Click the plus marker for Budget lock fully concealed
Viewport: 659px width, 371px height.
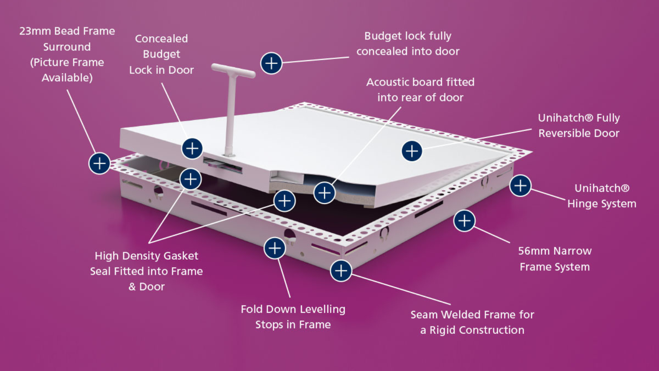coord(271,63)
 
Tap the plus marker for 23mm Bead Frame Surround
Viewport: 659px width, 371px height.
coord(99,163)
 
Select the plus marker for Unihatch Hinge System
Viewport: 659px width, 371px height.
coord(520,185)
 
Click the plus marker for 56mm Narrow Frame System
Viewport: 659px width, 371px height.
coord(464,221)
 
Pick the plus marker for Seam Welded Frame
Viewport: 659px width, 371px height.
coord(341,271)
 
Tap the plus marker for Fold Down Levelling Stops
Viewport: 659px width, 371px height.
coord(275,248)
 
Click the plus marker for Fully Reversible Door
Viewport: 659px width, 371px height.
coord(412,151)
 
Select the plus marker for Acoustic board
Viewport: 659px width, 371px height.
coord(325,193)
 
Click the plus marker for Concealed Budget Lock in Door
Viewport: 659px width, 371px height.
coord(192,148)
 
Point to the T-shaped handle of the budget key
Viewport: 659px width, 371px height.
coord(233,71)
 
